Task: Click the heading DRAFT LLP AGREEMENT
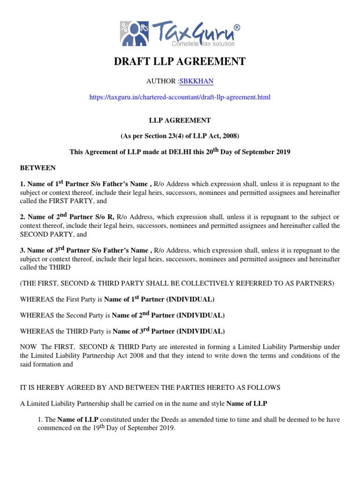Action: point(180,61)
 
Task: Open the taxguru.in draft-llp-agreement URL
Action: point(180,97)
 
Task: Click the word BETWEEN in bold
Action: point(37,168)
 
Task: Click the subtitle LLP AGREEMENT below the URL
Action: point(180,120)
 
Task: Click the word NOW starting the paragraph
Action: point(28,346)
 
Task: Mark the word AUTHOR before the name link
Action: point(161,81)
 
